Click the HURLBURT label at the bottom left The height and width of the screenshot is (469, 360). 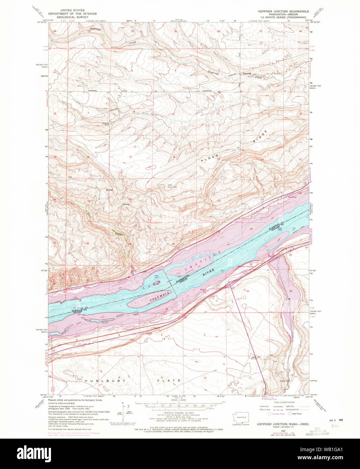(x=100, y=381)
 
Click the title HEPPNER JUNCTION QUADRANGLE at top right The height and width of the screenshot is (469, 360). (x=283, y=11)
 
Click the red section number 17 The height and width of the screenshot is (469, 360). (x=130, y=157)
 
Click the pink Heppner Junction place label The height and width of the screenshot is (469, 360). (x=246, y=266)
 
